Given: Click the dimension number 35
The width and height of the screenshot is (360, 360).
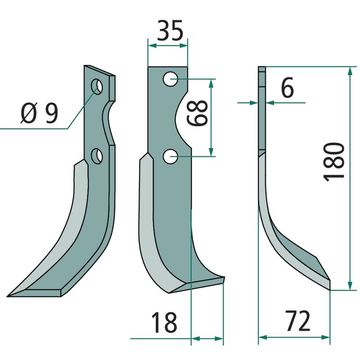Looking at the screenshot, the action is click(170, 31).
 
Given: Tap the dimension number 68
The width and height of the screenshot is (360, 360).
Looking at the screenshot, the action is click(198, 113).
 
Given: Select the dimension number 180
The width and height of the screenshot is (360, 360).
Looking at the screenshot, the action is click(334, 162).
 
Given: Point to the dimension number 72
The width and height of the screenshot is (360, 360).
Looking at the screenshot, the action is click(298, 321).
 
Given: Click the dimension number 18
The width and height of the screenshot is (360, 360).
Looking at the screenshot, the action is click(164, 322).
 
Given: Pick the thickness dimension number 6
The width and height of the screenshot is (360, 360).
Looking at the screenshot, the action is click(287, 87).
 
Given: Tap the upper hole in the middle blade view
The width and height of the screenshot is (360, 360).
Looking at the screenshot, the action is click(170, 79).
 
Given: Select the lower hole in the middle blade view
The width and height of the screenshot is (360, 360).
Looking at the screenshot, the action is click(170, 157).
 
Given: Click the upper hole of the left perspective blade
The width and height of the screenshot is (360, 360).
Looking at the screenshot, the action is click(97, 86).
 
